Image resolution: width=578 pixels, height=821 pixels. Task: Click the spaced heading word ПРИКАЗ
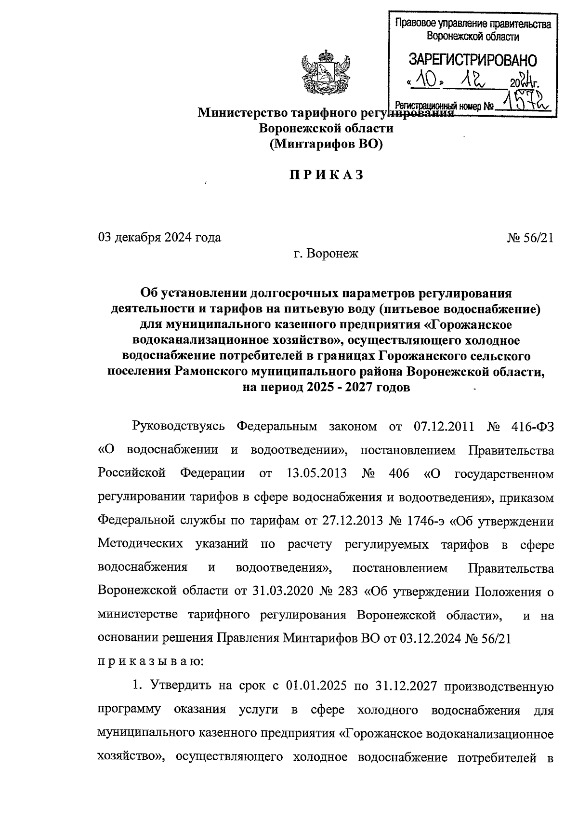326,175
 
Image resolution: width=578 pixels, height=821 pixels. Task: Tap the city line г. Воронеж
326,253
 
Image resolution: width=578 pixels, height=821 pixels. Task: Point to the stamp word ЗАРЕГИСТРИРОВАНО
473,60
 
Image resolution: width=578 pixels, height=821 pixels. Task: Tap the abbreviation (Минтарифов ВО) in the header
326,144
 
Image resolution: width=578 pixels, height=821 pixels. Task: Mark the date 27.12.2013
353,521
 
